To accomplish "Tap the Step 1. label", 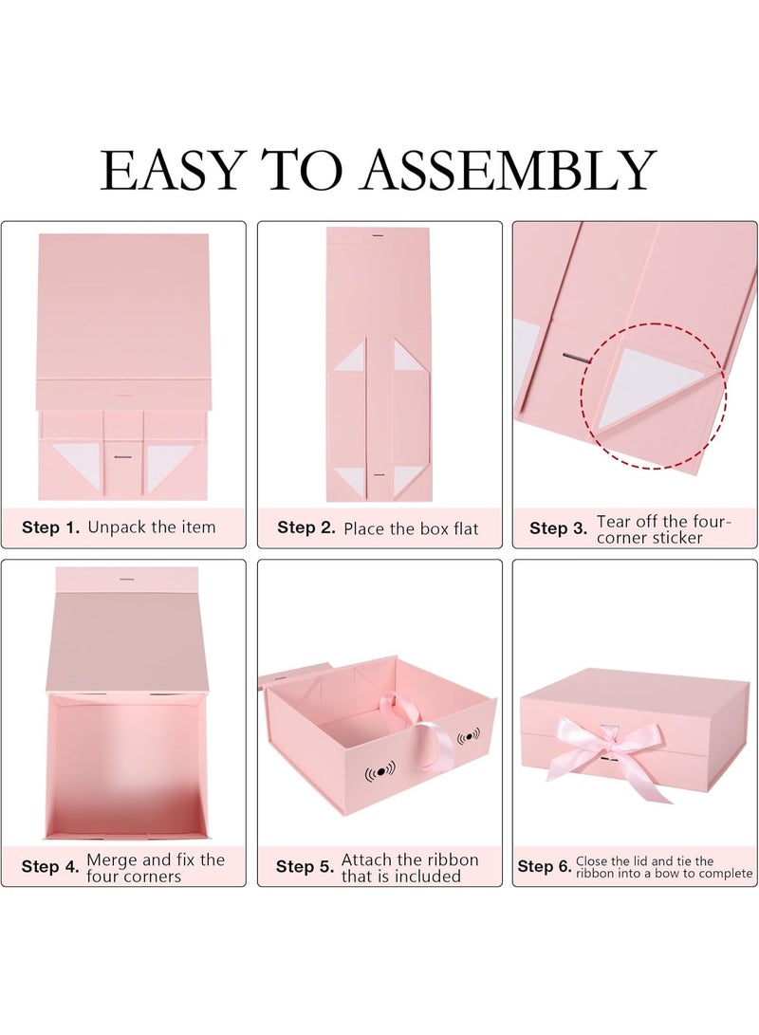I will click(x=50, y=527).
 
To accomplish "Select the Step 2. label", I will click(x=306, y=527).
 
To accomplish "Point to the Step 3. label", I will click(x=559, y=528).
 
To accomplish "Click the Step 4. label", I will click(x=50, y=866).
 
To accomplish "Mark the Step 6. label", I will click(x=545, y=866).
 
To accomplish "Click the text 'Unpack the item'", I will click(x=152, y=527).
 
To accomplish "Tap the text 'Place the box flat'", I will click(x=411, y=528).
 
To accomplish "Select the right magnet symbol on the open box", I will click(x=469, y=737).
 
